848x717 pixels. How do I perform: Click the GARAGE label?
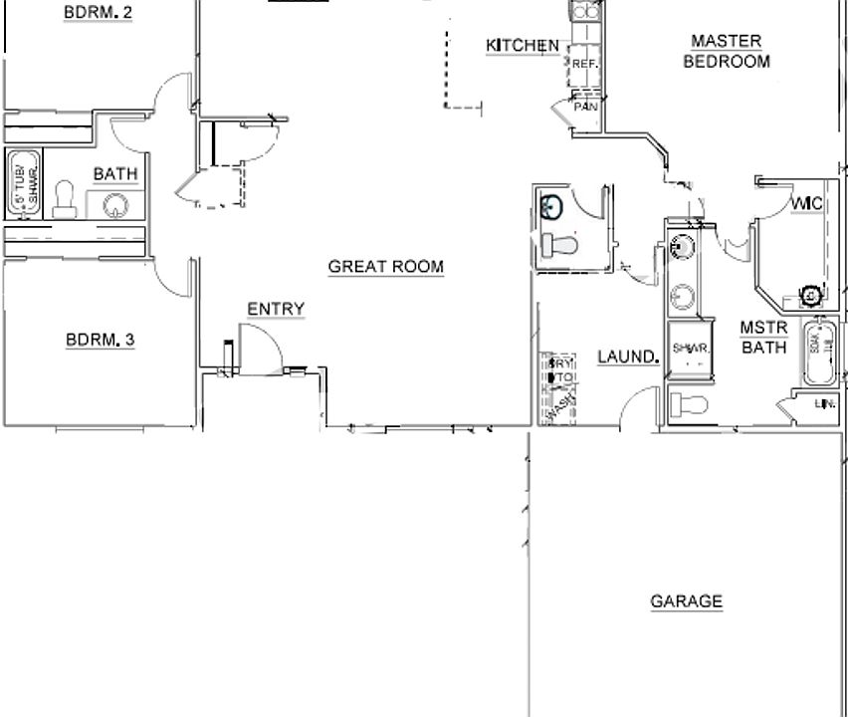coord(686,601)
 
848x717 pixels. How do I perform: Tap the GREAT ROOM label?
coord(385,267)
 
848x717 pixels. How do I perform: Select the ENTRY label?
coord(276,310)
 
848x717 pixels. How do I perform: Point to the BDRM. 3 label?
coord(100,341)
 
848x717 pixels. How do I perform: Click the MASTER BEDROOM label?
coord(726,51)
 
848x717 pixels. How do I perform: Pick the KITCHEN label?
coord(522,46)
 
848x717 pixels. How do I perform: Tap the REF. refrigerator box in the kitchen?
coord(583,65)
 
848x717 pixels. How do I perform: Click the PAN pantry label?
coord(585,106)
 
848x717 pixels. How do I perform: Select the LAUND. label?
coord(627,357)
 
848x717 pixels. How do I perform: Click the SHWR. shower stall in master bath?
coord(690,348)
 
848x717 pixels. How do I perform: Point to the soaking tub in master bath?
coord(820,354)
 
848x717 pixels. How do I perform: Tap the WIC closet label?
coord(805,205)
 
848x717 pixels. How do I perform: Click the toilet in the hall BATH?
coord(66,199)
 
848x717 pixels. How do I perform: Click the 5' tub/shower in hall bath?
coord(25,183)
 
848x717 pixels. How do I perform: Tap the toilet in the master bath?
coord(688,404)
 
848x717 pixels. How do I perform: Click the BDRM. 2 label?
coord(99,12)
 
